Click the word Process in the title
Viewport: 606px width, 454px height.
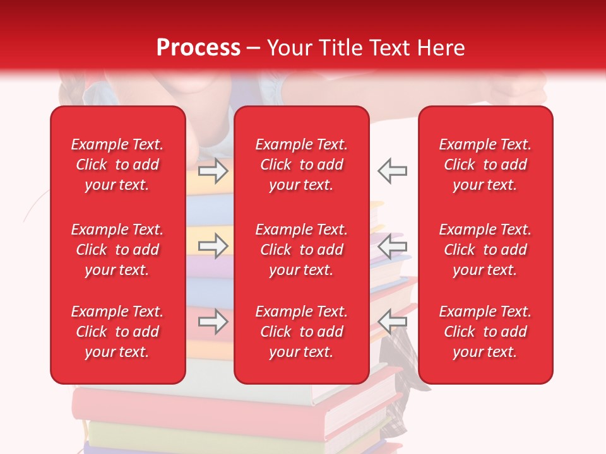[x=198, y=48]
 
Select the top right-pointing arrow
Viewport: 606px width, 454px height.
[x=213, y=170]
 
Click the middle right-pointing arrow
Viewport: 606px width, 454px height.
[x=213, y=246]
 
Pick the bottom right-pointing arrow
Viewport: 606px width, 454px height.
[x=213, y=322]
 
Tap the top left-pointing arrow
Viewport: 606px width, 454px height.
[x=393, y=170]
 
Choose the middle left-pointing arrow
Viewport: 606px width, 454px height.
[x=393, y=246]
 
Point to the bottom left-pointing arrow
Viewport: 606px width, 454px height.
[x=393, y=322]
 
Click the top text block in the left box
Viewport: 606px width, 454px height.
[x=117, y=165]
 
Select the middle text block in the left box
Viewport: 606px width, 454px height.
[x=117, y=250]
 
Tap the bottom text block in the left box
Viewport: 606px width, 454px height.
[x=117, y=332]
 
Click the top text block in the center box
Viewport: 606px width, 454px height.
[x=302, y=165]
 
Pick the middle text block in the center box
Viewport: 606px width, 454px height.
[x=302, y=250]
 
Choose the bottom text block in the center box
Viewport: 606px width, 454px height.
[x=302, y=332]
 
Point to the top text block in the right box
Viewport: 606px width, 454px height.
[x=485, y=165]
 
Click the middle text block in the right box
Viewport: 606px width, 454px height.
[x=485, y=250]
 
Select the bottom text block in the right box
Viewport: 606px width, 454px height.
[x=485, y=332]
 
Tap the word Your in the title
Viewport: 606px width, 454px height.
[x=288, y=48]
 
